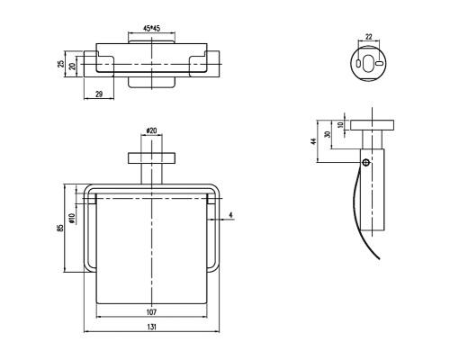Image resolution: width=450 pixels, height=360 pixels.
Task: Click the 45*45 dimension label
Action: coord(151,29)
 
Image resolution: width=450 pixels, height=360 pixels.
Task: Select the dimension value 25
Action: coord(61,64)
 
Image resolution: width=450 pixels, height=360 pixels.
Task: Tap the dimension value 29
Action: coord(99,94)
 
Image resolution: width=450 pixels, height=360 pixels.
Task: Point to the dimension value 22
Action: coord(369,37)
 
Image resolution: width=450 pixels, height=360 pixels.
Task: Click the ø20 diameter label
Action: coord(151,130)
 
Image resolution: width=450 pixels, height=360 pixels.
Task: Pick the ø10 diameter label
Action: coord(71,219)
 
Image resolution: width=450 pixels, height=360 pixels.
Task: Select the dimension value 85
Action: coord(60,228)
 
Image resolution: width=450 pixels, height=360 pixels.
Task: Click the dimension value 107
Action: coord(151,312)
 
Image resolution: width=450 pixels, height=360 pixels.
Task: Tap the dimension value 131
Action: coord(151,327)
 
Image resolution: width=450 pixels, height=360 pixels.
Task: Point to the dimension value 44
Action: coord(313,141)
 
